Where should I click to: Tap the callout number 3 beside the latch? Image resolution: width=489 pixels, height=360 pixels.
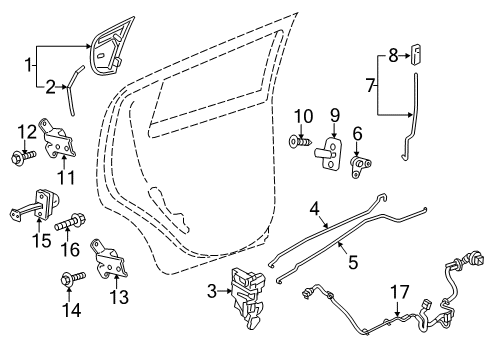point(210,291)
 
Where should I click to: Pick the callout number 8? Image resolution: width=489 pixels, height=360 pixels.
point(393,55)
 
